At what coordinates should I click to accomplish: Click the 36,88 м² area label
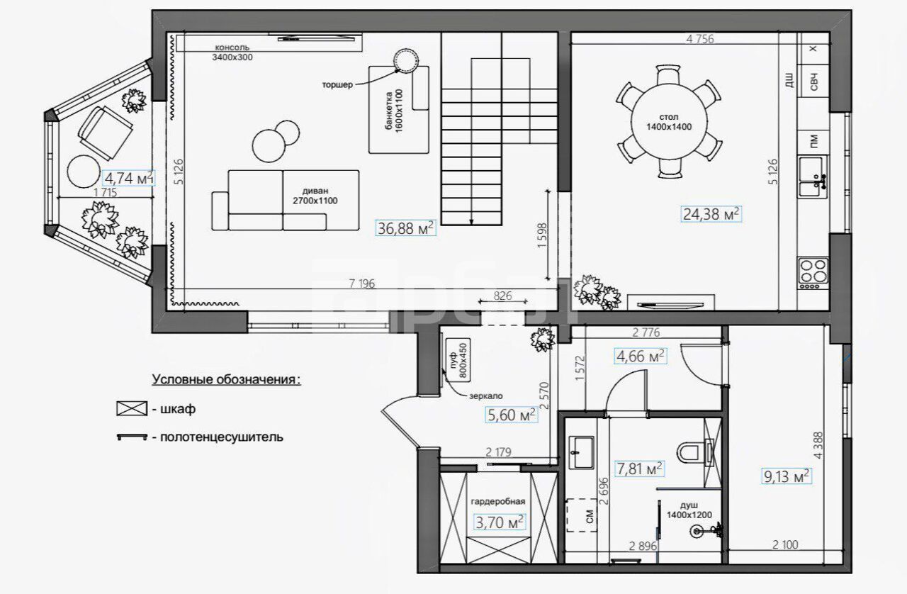(405, 228)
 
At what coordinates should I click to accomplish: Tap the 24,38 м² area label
(711, 213)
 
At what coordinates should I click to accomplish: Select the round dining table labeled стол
(669, 121)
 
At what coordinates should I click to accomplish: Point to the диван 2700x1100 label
(315, 196)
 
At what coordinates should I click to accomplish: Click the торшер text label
(337, 84)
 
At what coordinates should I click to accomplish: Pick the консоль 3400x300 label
(232, 52)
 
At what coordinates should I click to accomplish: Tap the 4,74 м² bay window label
(129, 178)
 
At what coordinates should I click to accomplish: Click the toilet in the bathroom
(694, 453)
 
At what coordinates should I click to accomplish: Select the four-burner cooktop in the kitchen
(813, 273)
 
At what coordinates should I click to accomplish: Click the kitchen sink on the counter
(812, 177)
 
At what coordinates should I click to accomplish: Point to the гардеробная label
(498, 501)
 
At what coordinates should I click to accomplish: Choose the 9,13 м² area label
(787, 476)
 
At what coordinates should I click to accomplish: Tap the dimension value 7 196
(362, 284)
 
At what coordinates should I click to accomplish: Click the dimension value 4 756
(700, 39)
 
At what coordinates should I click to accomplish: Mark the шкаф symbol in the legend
(132, 408)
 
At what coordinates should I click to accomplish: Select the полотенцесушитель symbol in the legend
(132, 437)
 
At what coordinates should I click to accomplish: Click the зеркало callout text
(486, 396)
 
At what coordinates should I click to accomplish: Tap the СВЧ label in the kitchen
(813, 82)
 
